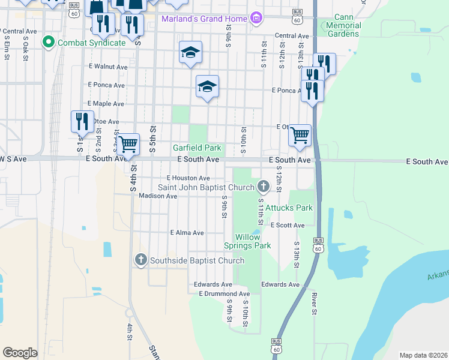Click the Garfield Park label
197,148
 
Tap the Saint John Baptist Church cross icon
263,187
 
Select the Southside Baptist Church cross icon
140,259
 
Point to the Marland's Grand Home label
205,19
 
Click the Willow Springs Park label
247,241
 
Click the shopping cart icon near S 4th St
128,145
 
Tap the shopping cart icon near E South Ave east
300,136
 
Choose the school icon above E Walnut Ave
190,53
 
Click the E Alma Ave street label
187,233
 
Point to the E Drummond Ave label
224,294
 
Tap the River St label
314,304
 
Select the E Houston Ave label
188,178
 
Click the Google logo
20,353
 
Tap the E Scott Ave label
288,226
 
